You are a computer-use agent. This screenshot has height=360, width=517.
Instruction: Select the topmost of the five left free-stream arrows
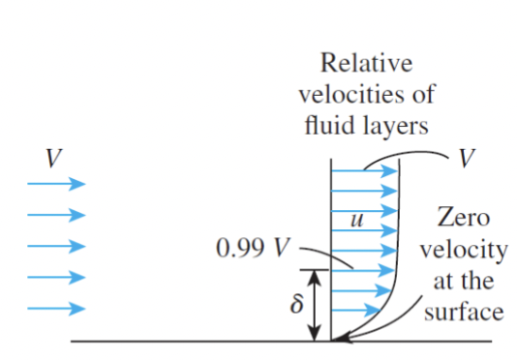[x=56, y=184]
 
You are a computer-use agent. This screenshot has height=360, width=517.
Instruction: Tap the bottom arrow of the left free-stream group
[x=56, y=310]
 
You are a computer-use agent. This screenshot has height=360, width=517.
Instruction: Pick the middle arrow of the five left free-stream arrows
[x=56, y=247]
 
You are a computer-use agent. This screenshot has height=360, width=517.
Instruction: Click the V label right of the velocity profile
[x=468, y=158]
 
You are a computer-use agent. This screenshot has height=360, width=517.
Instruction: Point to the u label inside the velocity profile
[x=355, y=222]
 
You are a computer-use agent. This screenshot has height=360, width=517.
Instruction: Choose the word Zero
[x=462, y=219]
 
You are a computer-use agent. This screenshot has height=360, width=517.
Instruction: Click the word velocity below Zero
[x=462, y=250]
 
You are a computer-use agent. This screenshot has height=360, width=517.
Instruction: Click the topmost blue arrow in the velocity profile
[x=366, y=171]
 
